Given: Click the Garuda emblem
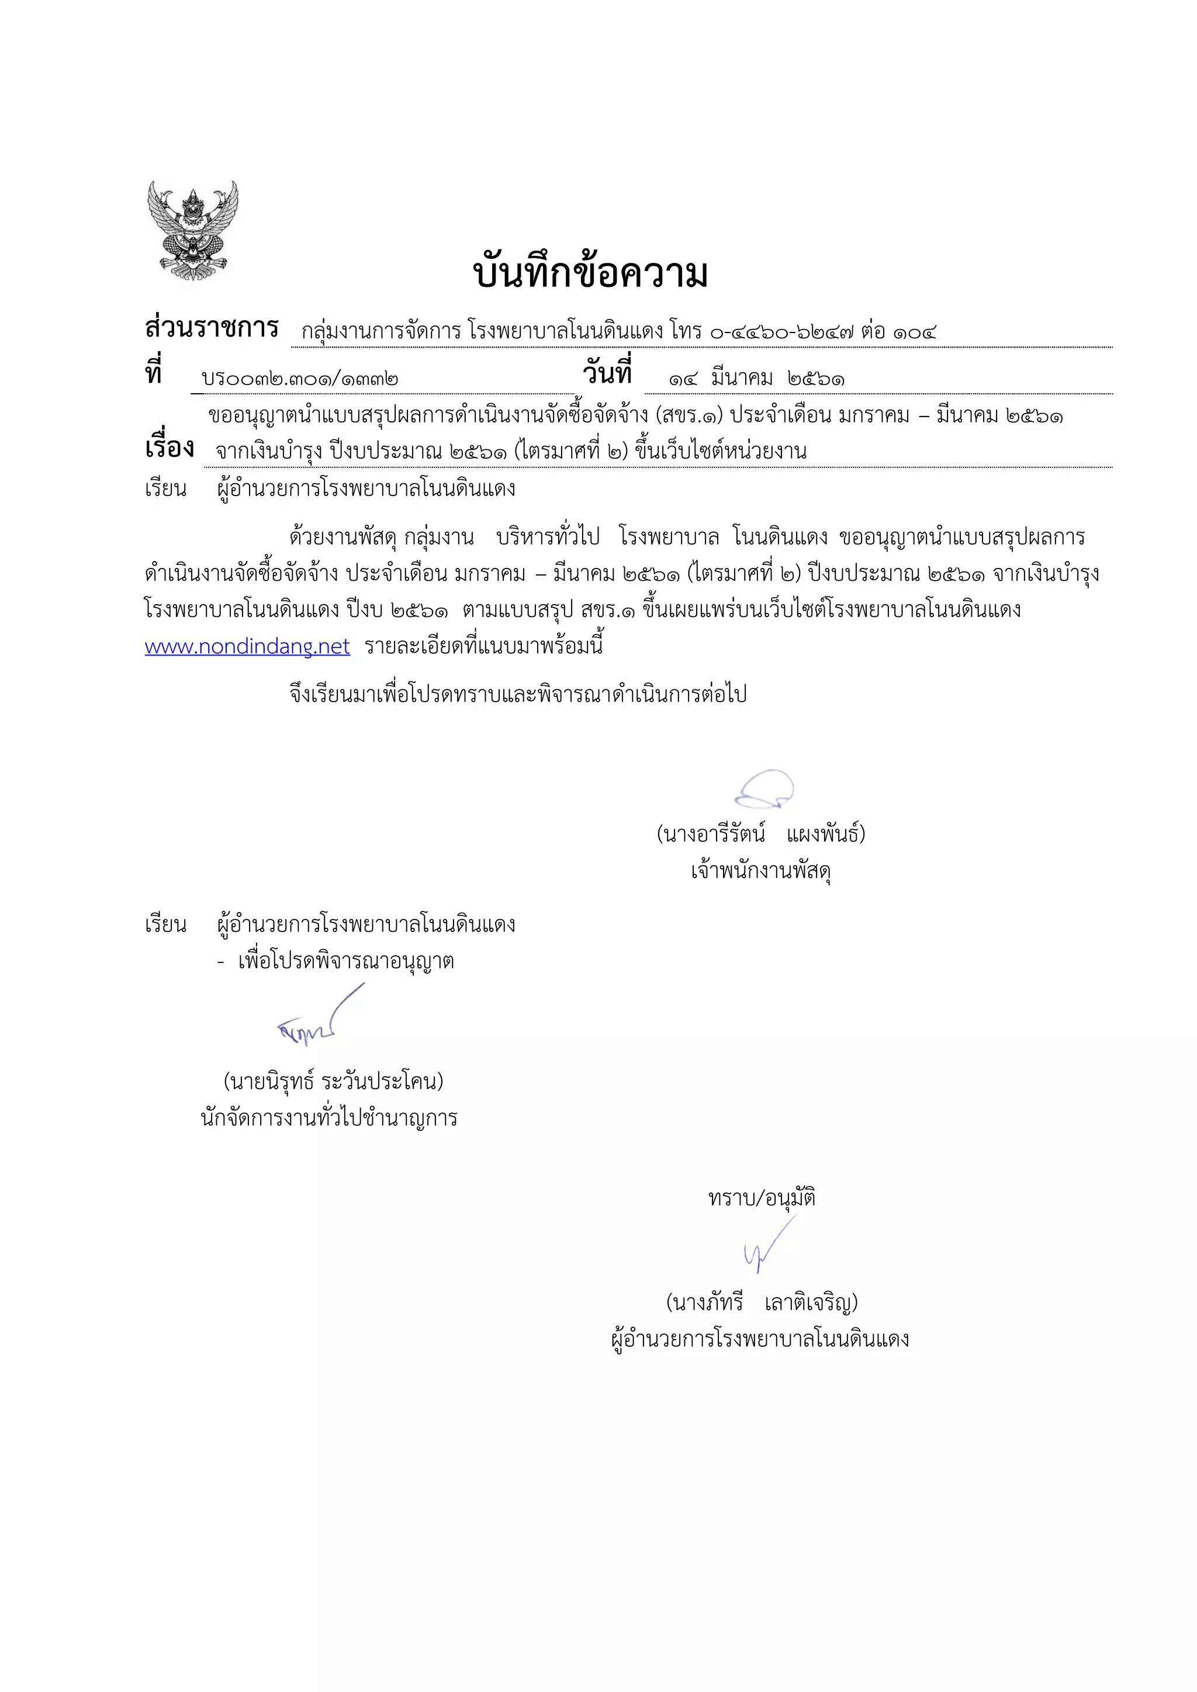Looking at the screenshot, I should point(192,230).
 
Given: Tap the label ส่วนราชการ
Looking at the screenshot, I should point(212,328).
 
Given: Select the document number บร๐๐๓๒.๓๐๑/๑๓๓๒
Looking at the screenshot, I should point(300,380).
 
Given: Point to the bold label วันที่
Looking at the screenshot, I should point(607,373).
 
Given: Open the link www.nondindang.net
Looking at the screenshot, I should point(247,647).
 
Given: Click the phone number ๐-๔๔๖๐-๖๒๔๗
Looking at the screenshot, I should point(781,332).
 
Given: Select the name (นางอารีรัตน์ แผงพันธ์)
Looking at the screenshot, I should point(760,834).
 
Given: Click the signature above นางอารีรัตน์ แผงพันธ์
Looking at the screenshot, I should point(764,790).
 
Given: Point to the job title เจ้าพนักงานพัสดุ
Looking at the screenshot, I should point(760,871).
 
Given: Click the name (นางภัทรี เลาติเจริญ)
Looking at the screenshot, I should point(762,1303).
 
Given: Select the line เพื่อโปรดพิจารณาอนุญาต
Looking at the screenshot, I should point(345,962).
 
